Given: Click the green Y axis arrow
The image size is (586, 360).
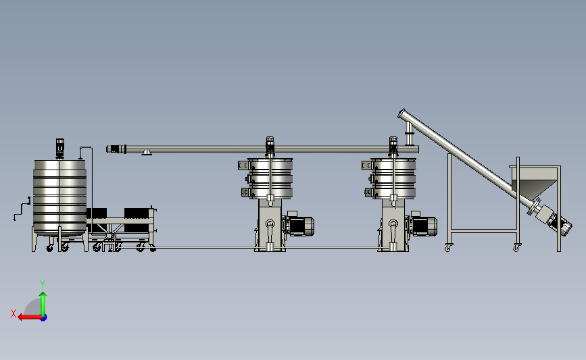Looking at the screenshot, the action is point(43,305).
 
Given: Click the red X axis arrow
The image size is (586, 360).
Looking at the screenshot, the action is point(30,317).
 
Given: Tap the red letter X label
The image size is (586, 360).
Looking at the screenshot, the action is point(14,313).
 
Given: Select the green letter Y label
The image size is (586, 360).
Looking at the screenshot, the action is point(43,284).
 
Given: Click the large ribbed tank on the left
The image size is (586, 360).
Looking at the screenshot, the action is point(59,198).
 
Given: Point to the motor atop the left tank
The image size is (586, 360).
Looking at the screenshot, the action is point(59,149).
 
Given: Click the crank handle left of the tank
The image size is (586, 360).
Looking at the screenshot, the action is point(22,209).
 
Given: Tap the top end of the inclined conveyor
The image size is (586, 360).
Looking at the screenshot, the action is point(402,113).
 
